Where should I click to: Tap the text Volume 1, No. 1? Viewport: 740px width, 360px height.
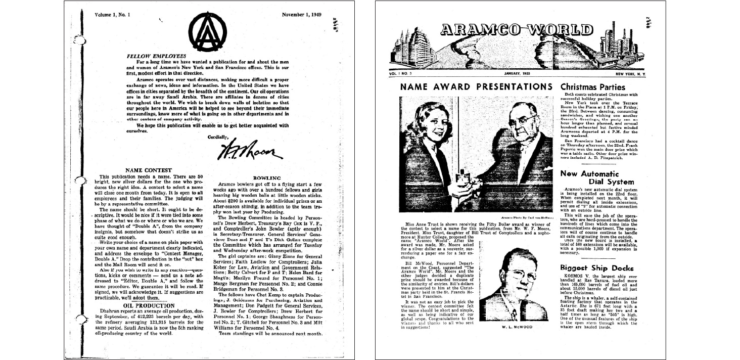[113, 15]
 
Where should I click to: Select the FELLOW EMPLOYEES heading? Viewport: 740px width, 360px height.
[157, 56]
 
